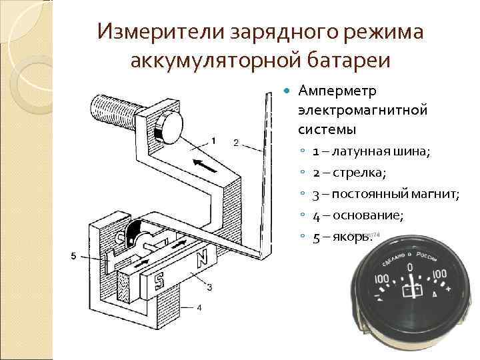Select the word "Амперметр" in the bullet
[337, 90]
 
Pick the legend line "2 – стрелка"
[350, 173]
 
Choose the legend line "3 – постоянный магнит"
[385, 194]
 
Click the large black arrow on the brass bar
[204, 165]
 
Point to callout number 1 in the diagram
[213, 140]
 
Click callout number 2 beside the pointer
[236, 143]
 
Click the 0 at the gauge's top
[410, 269]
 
